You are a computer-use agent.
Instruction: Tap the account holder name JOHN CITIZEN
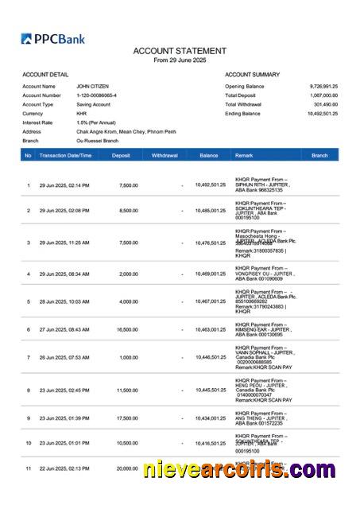(x=92, y=86)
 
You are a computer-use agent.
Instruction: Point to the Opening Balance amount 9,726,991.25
(x=323, y=86)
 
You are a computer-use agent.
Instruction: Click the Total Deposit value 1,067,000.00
(x=323, y=95)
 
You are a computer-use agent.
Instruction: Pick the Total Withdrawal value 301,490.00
(x=326, y=104)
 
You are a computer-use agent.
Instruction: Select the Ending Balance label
(x=242, y=114)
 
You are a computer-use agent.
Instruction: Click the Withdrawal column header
(x=165, y=155)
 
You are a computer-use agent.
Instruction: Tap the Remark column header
(x=244, y=155)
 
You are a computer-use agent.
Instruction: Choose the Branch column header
(x=319, y=155)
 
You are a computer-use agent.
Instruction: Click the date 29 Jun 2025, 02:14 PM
(x=64, y=185)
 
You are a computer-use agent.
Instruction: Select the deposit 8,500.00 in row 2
(x=128, y=211)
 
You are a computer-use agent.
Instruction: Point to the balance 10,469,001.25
(x=211, y=274)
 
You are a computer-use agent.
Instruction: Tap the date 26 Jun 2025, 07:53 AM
(x=64, y=357)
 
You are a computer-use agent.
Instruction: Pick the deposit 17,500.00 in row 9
(x=127, y=418)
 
